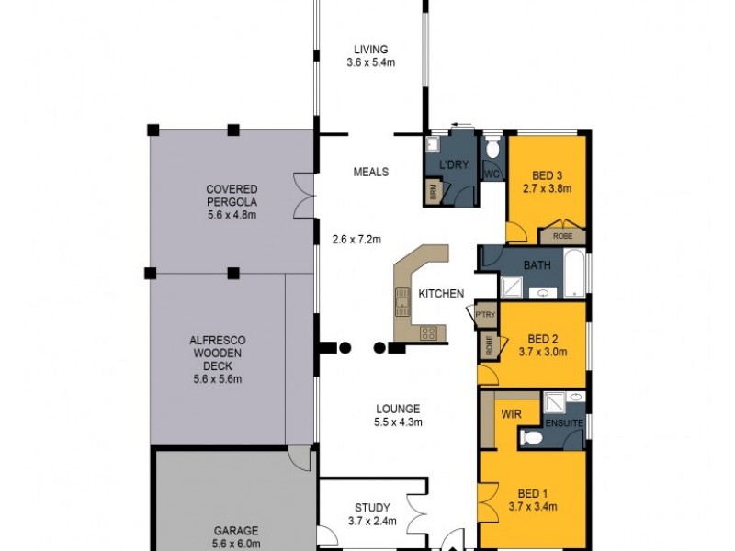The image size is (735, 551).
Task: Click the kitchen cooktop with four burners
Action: point(428,332)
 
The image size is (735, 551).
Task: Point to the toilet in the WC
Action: point(492,149)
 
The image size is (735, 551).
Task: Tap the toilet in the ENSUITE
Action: point(531,440)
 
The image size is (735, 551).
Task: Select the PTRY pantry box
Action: point(484,315)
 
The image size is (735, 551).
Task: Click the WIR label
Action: point(511,414)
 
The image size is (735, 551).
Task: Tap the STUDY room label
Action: point(372,507)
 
